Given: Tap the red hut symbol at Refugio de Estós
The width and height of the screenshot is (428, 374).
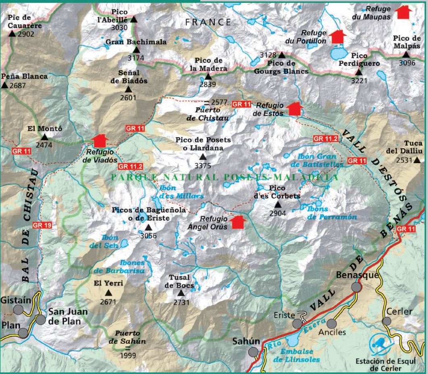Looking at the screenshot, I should (295, 109).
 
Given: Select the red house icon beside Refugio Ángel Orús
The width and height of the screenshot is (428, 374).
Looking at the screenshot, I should (238, 222).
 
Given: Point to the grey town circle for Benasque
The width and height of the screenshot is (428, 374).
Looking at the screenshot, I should (356, 287).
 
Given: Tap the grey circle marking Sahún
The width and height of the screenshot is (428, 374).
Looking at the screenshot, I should (253, 352).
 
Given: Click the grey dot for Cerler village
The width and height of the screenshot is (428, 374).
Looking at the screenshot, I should (386, 321).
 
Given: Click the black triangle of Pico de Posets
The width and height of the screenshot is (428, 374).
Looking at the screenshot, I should (203, 157).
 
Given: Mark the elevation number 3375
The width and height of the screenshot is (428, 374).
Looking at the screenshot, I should (203, 166).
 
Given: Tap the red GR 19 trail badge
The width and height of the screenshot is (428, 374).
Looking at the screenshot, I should (42, 225).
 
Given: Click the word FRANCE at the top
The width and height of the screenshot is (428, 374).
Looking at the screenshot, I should (208, 22).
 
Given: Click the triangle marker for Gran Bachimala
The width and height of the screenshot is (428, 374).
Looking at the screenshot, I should (136, 50).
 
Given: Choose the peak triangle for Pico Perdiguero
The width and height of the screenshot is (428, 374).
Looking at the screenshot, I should (358, 72).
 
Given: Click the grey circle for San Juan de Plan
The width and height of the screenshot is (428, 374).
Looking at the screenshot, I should (40, 320).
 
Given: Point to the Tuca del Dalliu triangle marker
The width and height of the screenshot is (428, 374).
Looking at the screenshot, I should (417, 160).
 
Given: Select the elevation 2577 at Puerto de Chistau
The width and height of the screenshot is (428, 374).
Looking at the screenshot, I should (220, 102).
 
